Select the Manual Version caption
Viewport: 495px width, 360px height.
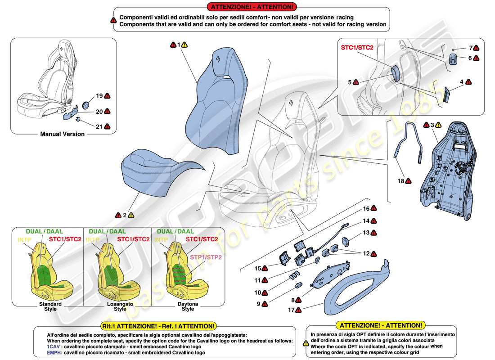[x=63, y=134]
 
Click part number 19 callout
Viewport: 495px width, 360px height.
[x=99, y=96]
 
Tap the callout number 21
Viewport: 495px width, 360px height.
[x=99, y=126]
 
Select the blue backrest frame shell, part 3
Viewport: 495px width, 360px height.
[x=445, y=171]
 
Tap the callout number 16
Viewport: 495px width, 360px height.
[x=366, y=209]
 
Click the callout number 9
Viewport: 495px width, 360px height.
[x=258, y=304]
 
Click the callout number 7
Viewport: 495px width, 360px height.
[x=470, y=48]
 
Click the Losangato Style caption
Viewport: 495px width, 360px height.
[x=120, y=306]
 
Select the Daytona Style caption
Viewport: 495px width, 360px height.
[x=188, y=306]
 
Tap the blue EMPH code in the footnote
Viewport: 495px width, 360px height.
[x=53, y=353]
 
